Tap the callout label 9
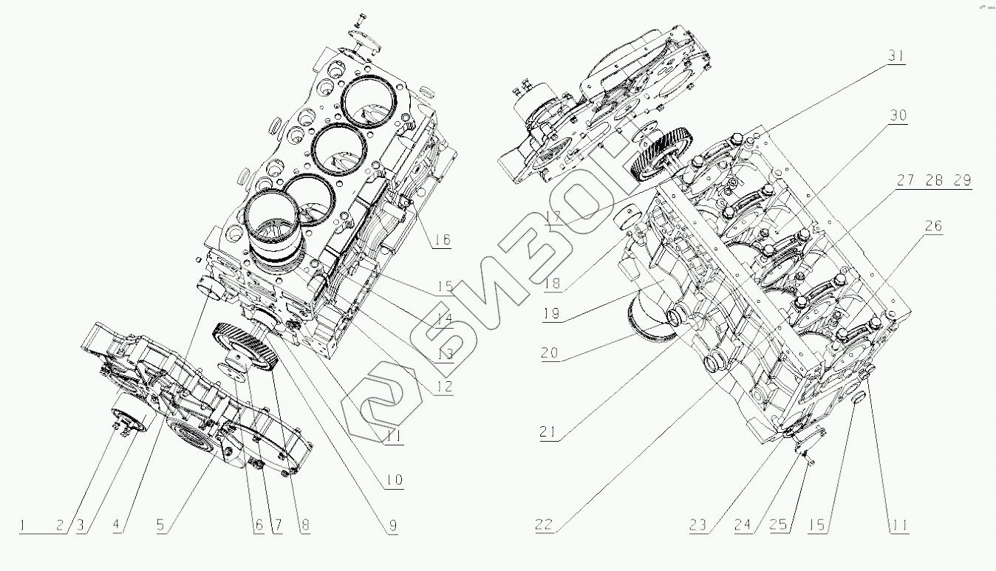tap(392, 526)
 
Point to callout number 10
tap(393, 480)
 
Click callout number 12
tap(443, 386)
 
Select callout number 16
tap(442, 239)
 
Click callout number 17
tap(555, 217)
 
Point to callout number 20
tap(549, 352)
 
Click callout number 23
tap(698, 526)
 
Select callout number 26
tap(934, 226)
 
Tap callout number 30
tap(898, 116)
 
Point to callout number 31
tap(896, 56)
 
